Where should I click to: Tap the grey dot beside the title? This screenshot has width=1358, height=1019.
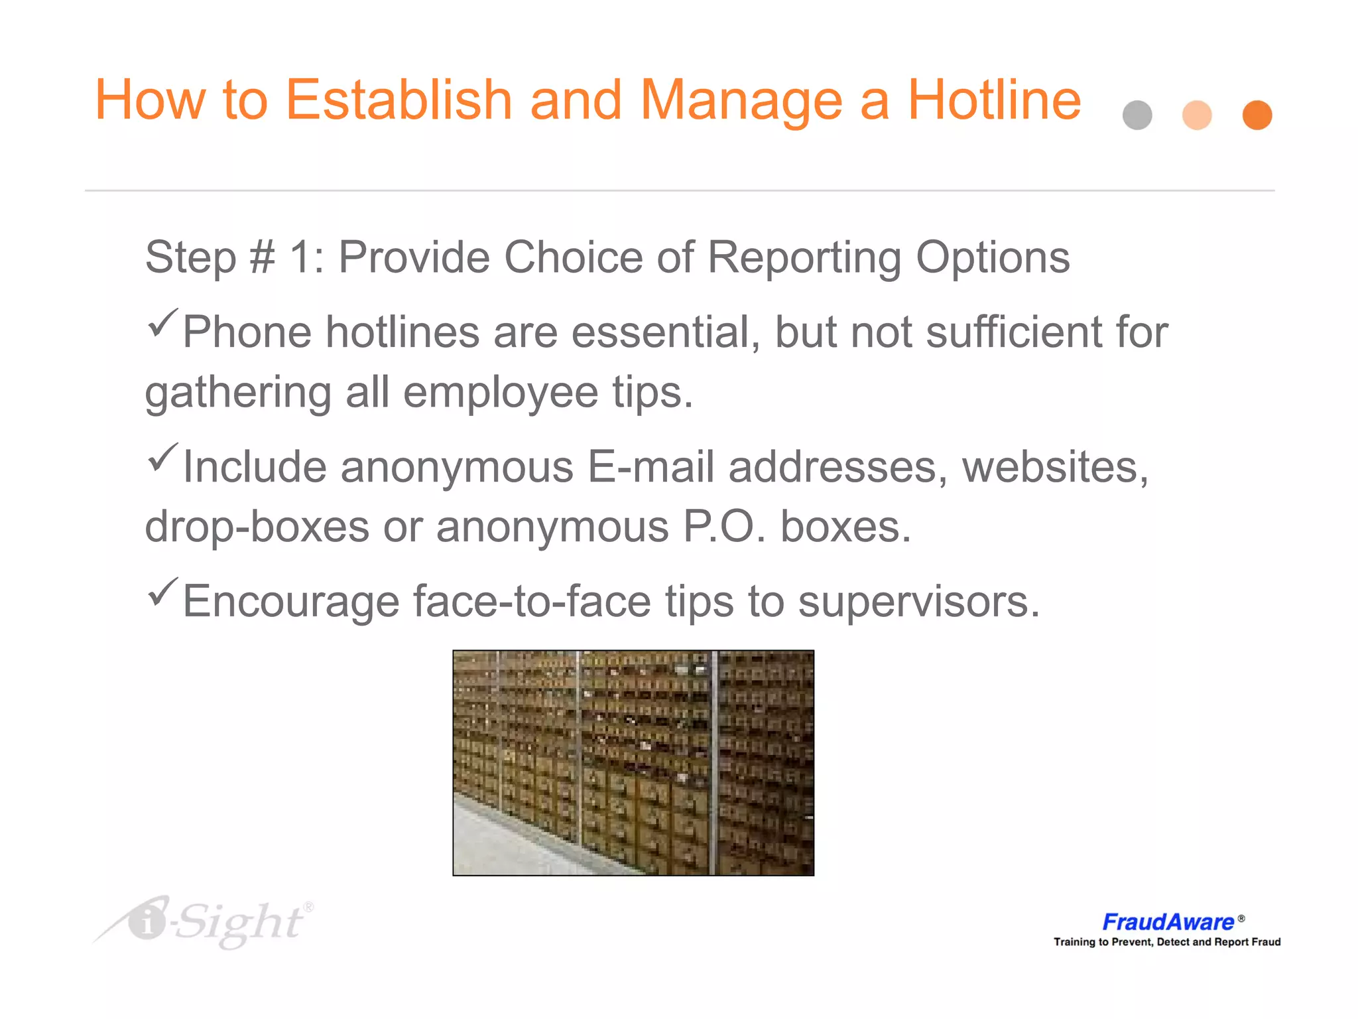(x=1137, y=115)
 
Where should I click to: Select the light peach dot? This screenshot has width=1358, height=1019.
(x=1197, y=115)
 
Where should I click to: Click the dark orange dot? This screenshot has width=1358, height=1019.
(x=1257, y=115)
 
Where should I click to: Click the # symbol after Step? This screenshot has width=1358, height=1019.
(x=262, y=257)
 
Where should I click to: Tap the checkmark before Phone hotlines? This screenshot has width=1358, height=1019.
(x=162, y=323)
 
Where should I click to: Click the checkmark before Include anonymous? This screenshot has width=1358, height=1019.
(x=162, y=458)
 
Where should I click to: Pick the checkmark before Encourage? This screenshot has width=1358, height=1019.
(x=162, y=592)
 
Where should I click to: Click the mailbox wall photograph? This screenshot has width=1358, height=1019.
(x=633, y=763)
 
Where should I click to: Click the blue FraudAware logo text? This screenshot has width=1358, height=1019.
(x=1168, y=922)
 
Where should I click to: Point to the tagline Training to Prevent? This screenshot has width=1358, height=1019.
(x=1167, y=942)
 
